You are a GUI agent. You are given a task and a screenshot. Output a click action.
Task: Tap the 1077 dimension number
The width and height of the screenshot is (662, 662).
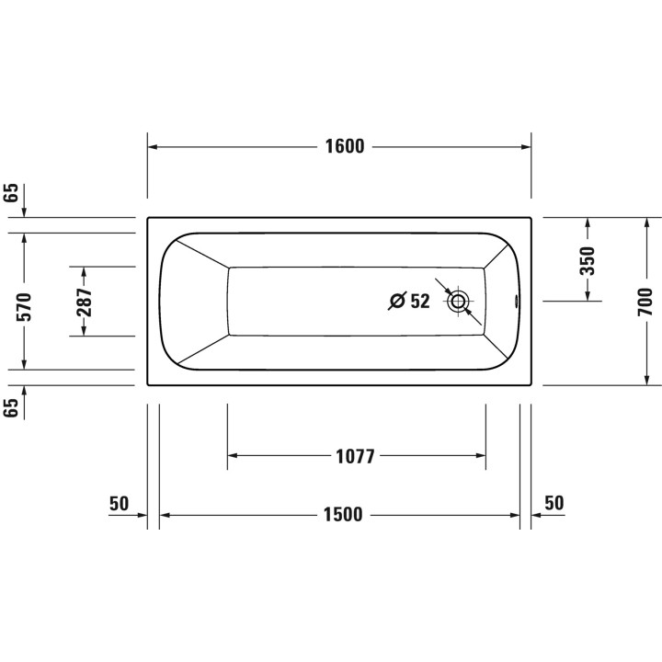[356, 456]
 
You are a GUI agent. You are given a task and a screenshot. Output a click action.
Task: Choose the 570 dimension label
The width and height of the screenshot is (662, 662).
[24, 306]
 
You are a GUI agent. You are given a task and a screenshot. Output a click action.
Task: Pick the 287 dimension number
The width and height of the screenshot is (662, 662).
[84, 303]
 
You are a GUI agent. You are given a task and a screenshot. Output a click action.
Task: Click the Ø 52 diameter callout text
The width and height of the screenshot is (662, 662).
[409, 302]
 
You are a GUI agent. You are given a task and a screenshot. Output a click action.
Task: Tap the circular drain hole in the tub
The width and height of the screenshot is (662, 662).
[458, 301]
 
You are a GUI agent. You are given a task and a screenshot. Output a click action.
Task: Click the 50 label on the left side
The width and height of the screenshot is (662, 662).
[119, 503]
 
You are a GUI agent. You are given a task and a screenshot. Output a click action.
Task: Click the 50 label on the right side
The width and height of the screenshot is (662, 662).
[554, 503]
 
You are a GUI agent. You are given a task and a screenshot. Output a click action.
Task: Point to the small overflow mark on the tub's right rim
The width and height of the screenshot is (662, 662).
[516, 300]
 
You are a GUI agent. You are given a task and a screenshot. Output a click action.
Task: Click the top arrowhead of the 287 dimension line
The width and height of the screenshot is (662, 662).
[84, 271]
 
